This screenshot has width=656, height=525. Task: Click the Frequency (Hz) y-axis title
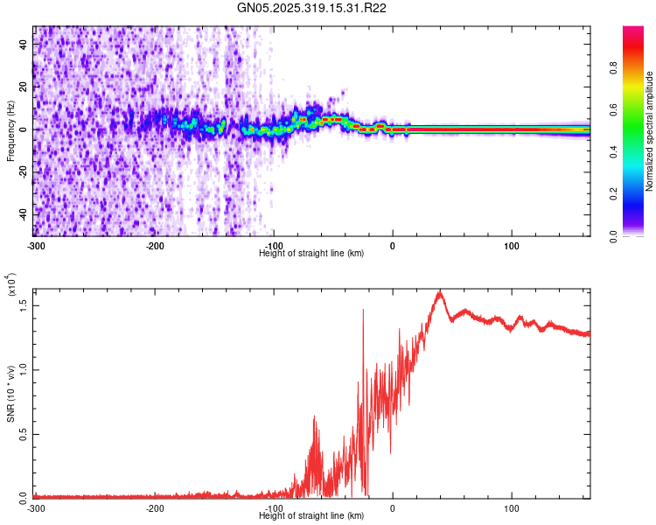[10, 129]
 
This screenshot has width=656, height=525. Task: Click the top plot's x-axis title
[311, 253]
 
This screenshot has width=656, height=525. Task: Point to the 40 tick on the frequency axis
[24, 43]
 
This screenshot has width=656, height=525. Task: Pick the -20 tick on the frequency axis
[22, 171]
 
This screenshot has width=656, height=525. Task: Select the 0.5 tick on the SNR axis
[24, 433]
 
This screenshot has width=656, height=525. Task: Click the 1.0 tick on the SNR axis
[24, 369]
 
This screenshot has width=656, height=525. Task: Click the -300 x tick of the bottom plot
[36, 507]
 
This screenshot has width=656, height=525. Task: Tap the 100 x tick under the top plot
[512, 246]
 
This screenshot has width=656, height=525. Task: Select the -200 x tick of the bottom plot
[155, 507]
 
